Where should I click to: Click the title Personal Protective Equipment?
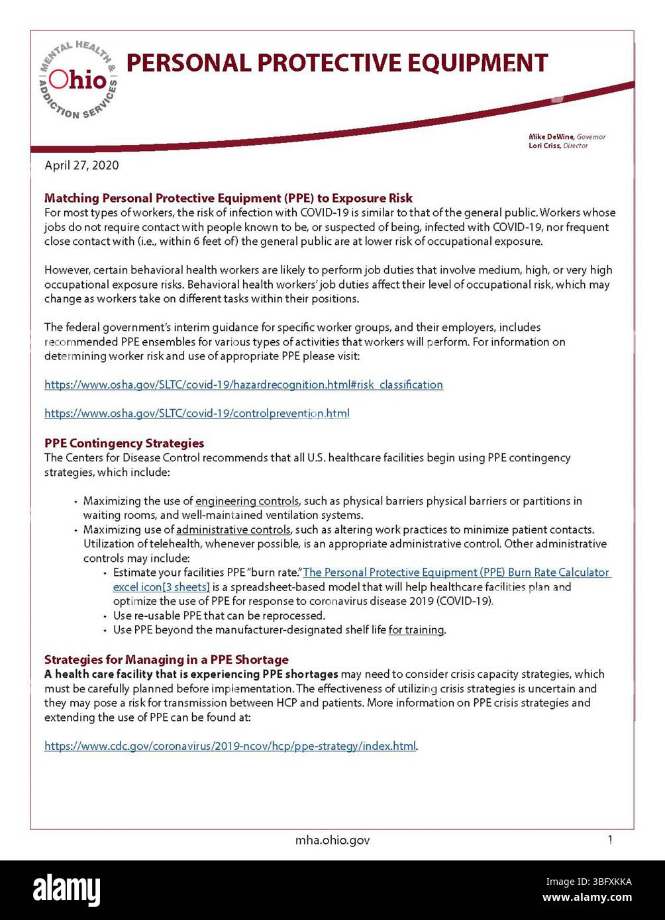336,63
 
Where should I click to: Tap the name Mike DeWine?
551,137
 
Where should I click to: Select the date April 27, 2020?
81,165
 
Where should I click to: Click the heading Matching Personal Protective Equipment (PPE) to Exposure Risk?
228,198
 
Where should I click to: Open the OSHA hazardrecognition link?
243,385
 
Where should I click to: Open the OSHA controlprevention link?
197,414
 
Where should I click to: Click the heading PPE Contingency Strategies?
124,443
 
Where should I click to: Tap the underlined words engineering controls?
247,501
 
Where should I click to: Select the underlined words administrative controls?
233,529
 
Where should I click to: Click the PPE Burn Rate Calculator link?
456,573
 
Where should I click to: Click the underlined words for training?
416,630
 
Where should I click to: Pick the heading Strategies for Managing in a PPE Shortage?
166,659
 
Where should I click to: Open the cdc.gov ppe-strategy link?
230,746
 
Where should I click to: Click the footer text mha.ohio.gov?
332,841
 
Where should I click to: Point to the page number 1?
609,840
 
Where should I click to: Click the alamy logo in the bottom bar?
67,889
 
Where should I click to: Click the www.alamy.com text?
587,898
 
